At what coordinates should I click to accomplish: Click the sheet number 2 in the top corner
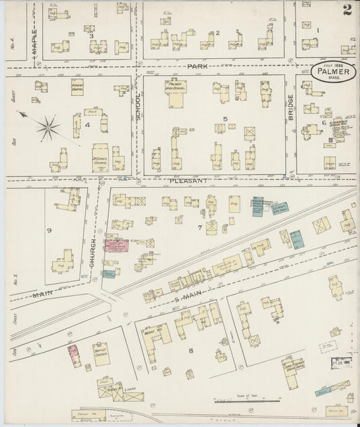point(346,9)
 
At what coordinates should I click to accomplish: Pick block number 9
point(49,231)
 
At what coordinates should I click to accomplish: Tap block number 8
point(191,350)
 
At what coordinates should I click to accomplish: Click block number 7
point(200,228)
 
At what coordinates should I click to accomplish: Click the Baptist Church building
point(101,353)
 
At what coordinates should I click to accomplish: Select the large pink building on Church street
point(116,245)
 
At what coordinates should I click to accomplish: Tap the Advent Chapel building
point(78,86)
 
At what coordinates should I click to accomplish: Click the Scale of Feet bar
point(253,400)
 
